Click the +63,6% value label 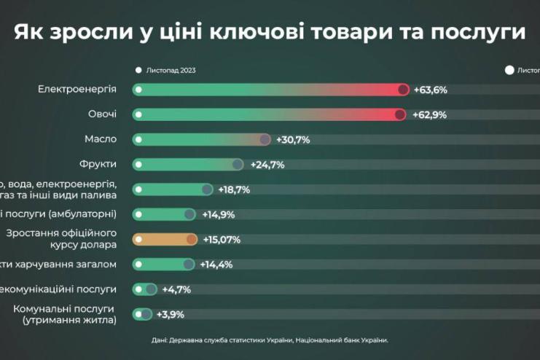(x=430, y=90)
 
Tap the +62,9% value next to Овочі (x=430, y=115)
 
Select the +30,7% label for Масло (x=294, y=140)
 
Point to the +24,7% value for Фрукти (x=267, y=165)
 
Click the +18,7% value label (x=234, y=190)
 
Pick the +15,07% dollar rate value (x=222, y=240)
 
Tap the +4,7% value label (x=176, y=289)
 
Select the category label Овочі (x=102, y=114)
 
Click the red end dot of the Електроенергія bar (x=403, y=90)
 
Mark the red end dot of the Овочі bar (x=399, y=115)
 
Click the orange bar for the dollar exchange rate (x=165, y=240)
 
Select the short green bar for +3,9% (x=143, y=315)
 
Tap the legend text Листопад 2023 (x=171, y=71)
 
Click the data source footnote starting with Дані (x=270, y=340)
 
